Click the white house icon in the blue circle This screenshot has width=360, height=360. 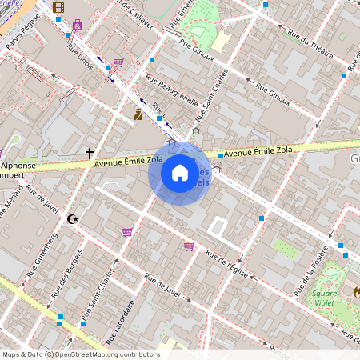180,173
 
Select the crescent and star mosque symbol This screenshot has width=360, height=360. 74,218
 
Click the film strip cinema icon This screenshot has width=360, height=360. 58,7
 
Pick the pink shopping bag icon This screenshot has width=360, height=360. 77,25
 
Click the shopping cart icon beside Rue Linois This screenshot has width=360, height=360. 118,62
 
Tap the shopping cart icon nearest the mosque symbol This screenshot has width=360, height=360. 127,232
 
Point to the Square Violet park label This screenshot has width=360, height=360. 324,298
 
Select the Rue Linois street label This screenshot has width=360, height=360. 79,56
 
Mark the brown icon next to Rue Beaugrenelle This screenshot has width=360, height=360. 138,114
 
